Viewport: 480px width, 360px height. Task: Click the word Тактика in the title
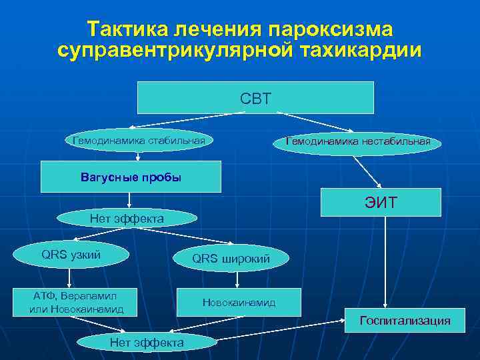(x=127, y=30)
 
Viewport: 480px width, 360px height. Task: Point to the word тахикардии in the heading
(x=364, y=51)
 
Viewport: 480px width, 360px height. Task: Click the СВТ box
(x=255, y=98)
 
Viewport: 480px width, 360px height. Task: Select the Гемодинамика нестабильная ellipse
(x=357, y=142)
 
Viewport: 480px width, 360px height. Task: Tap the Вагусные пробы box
(x=131, y=177)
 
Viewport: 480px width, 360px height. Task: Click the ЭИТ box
(x=381, y=202)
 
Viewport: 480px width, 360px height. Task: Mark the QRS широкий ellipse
(x=231, y=258)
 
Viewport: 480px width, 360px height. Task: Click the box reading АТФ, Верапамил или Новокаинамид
(x=76, y=302)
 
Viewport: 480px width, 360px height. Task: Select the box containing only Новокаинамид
(x=239, y=303)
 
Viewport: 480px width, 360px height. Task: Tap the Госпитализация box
(x=405, y=321)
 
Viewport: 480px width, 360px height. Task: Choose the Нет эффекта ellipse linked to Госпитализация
(x=147, y=342)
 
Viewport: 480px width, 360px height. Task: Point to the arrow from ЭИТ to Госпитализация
(x=385, y=263)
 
